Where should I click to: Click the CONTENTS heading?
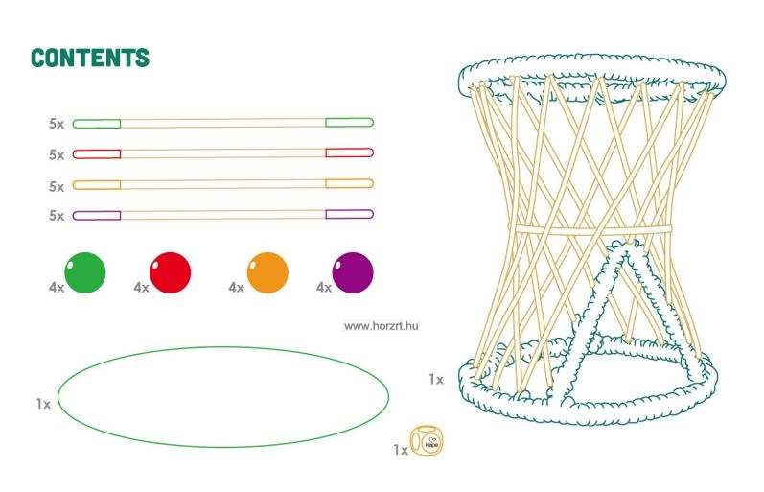[90, 58]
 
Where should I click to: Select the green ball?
[85, 272]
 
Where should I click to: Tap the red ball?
[171, 272]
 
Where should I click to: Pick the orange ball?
[267, 272]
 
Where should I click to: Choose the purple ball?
[353, 272]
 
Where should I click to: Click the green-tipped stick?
[222, 123]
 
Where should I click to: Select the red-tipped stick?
[222, 153]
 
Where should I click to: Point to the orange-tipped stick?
[222, 184]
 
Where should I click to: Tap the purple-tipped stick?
[222, 215]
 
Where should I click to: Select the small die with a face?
[427, 441]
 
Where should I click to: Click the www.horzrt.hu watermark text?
[382, 326]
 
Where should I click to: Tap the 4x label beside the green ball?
[56, 287]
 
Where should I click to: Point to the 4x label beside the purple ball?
[324, 287]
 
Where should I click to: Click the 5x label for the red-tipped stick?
[57, 154]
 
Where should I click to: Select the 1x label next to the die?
[401, 449]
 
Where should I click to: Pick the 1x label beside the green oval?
[43, 405]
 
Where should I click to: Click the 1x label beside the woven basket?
[436, 380]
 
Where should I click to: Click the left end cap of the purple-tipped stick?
[97, 215]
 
